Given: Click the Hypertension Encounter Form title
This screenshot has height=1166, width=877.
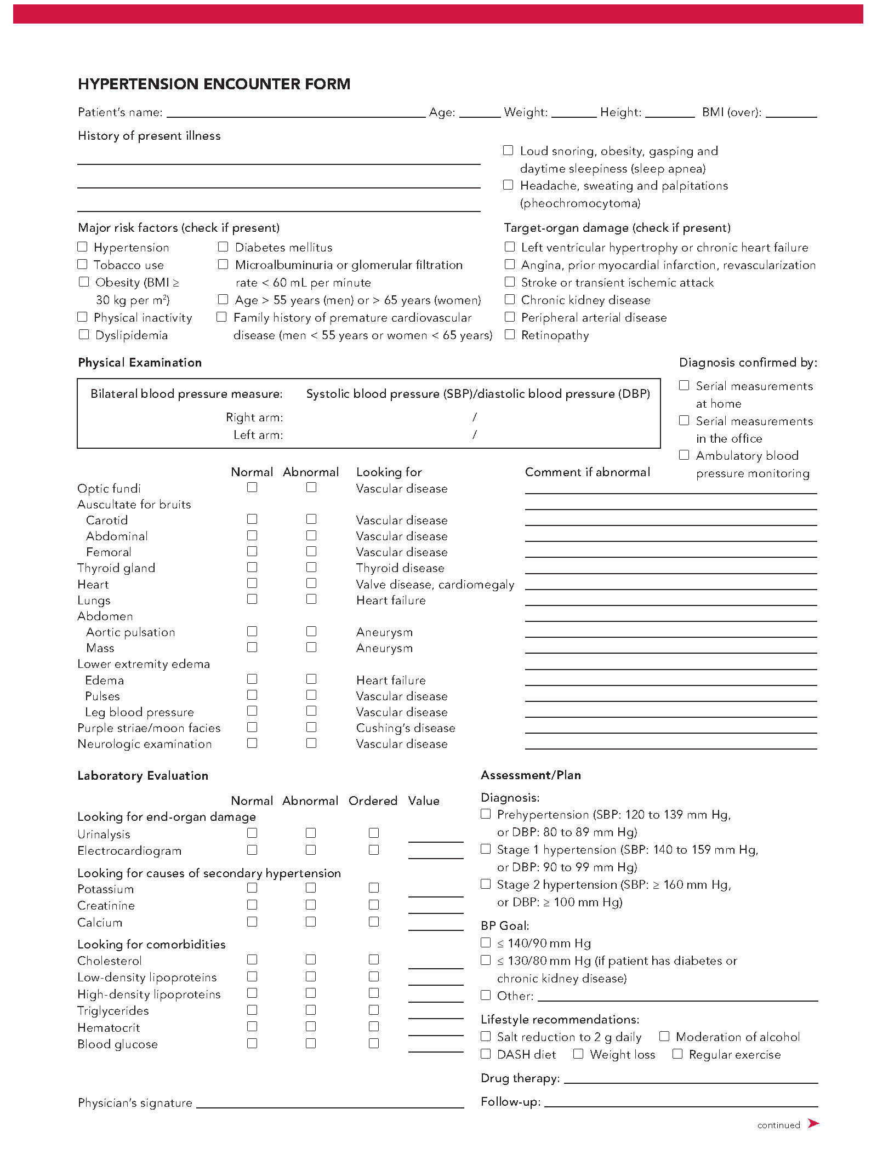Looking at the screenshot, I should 214,84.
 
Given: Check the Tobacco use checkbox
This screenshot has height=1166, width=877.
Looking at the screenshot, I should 83,264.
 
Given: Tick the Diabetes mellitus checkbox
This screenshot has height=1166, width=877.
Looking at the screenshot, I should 223,247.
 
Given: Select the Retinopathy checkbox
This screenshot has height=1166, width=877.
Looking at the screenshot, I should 510,334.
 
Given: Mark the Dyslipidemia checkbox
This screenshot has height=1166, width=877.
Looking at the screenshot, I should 84,334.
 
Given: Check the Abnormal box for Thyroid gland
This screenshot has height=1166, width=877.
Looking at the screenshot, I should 311,567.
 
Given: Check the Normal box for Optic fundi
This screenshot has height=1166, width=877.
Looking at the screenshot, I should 252,487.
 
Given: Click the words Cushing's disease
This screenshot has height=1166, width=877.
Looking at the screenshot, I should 406,728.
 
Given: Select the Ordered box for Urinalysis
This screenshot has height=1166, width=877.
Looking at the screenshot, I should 374,833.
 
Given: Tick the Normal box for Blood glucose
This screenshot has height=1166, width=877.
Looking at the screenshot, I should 252,1043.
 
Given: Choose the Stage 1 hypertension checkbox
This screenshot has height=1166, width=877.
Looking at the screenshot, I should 486,849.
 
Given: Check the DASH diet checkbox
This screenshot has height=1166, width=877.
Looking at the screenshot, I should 486,1054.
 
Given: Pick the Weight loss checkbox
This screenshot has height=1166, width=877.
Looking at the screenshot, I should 578,1054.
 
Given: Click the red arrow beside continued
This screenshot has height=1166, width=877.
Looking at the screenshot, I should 813,1124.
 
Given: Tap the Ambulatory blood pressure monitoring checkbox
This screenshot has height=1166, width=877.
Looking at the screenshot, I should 684,455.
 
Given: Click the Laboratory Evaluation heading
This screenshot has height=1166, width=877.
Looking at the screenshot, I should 143,775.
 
